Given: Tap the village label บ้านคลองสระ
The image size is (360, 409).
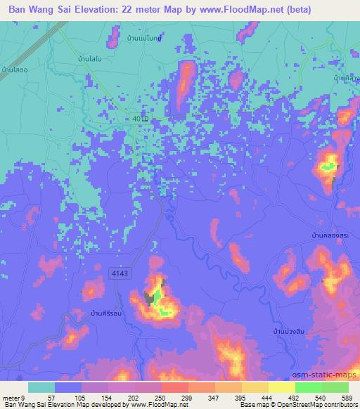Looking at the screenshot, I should coord(330,237).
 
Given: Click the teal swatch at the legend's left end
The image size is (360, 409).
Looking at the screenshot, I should coord(41,387).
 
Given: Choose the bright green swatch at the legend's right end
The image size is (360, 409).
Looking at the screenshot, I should coord(335,387).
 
